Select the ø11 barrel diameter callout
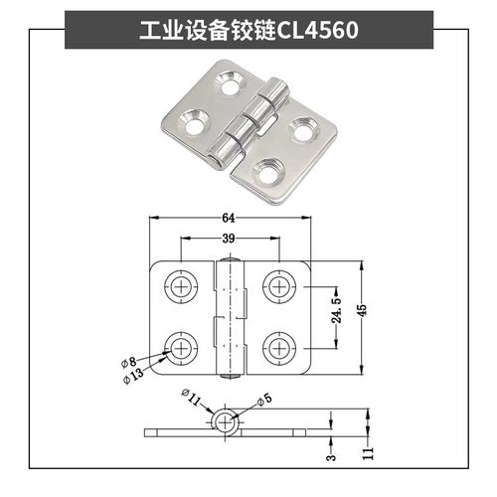tap(191, 400)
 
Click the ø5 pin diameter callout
tap(264, 401)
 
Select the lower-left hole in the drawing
tap(180, 348)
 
